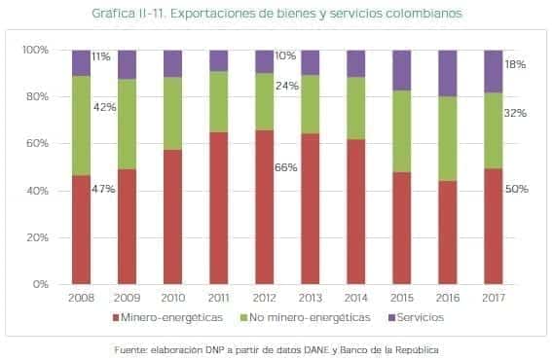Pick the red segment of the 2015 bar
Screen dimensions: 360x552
tap(401, 229)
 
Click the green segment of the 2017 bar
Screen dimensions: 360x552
tap(493, 130)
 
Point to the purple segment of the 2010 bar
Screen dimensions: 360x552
tap(172, 63)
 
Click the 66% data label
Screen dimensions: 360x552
tap(286, 167)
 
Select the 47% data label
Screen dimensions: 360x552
tap(103, 189)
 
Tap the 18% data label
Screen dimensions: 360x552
tap(516, 63)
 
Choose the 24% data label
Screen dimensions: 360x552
tap(286, 85)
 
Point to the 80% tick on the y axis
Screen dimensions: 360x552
tap(35, 96)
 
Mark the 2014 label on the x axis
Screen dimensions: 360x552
tap(355, 298)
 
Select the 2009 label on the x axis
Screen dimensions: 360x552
tap(127, 298)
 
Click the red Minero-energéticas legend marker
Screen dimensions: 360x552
tap(117, 318)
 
